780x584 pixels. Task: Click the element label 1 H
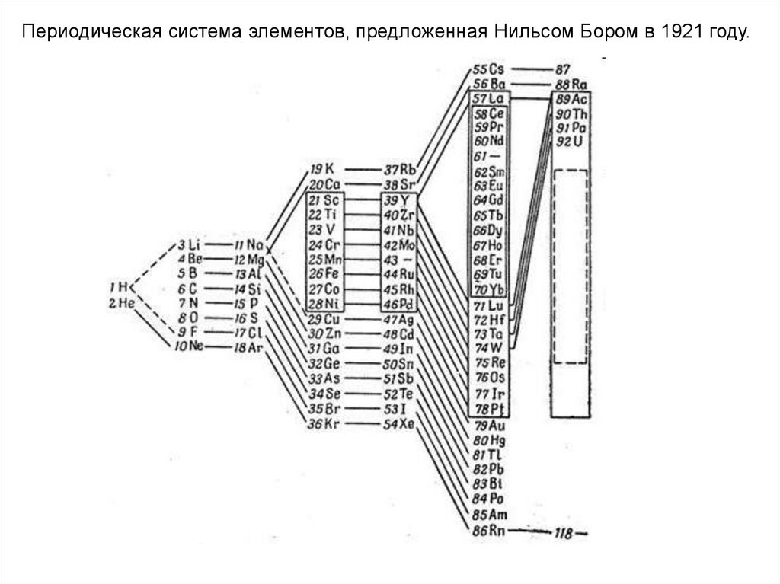coord(120,287)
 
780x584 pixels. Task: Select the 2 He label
coord(120,302)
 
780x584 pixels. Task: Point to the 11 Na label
coord(248,244)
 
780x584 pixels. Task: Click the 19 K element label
coord(322,169)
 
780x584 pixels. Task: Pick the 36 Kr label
coord(323,424)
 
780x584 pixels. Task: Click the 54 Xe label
coord(399,424)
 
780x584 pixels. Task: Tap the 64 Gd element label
coord(489,200)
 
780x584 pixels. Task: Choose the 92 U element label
coord(570,142)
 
